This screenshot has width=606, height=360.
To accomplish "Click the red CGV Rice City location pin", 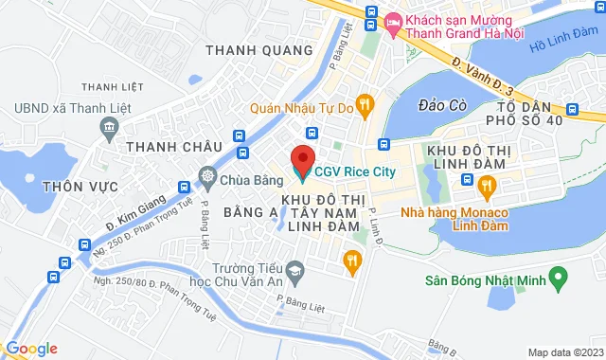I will click(x=303, y=157).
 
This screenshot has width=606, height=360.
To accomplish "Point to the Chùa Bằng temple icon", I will click(x=207, y=175).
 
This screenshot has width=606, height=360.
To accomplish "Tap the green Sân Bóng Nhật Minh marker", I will click(x=558, y=279).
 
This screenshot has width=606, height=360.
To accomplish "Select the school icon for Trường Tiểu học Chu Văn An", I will click(x=294, y=272).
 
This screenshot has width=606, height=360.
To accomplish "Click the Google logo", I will click(x=30, y=348).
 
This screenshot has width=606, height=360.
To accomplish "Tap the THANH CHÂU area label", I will click(x=173, y=146).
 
